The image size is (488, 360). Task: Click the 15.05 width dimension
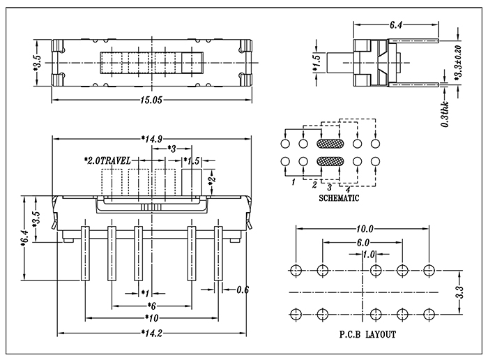click(x=151, y=100)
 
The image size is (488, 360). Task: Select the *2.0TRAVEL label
click(x=107, y=160)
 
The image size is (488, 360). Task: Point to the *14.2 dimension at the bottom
click(x=151, y=333)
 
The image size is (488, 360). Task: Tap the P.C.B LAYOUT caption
click(x=362, y=334)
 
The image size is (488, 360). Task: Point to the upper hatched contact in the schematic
click(x=329, y=144)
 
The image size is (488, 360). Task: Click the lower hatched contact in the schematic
click(x=329, y=162)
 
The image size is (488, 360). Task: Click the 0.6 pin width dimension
click(x=243, y=290)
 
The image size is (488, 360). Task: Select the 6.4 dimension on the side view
click(x=395, y=25)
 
